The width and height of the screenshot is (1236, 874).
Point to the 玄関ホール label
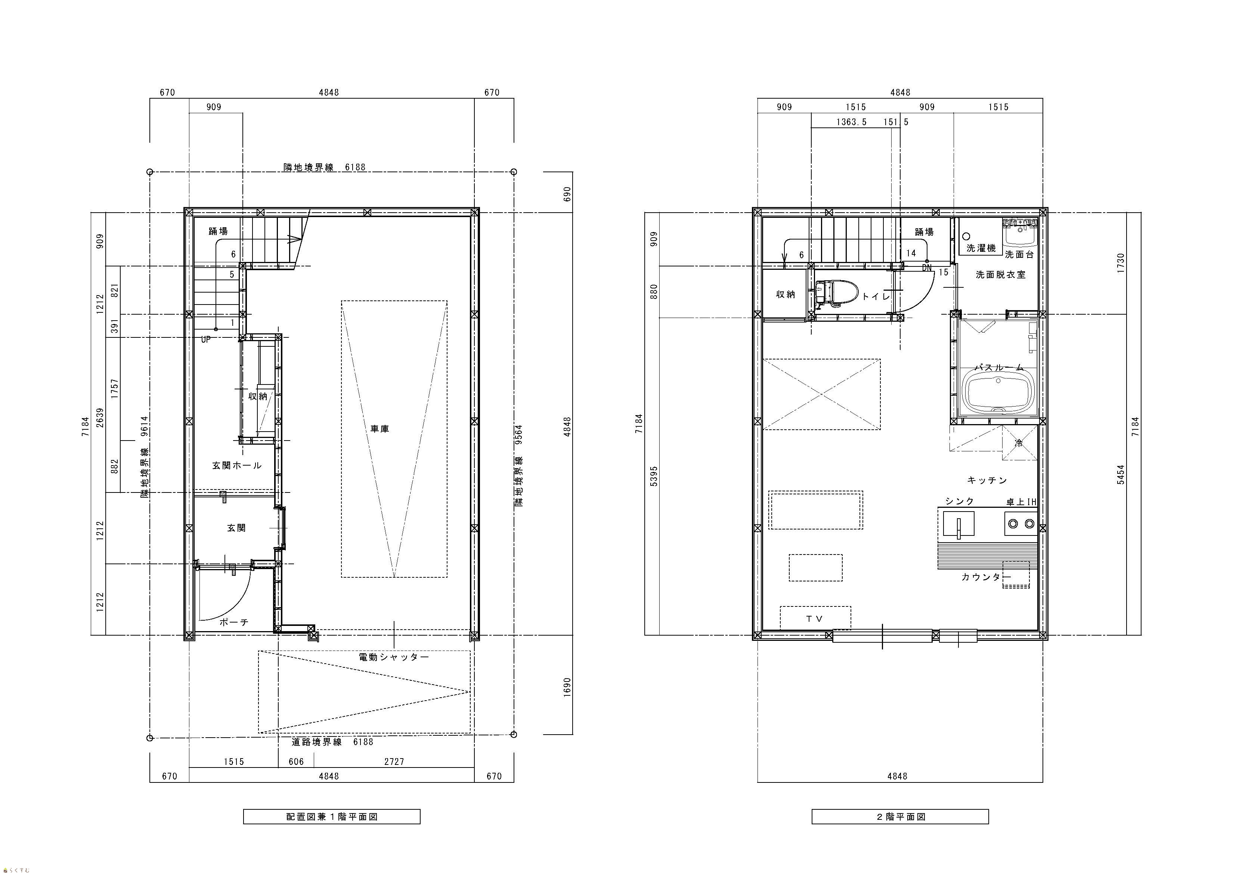236,465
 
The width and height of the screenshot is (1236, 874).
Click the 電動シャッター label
394,657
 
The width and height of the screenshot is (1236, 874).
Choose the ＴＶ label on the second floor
815,619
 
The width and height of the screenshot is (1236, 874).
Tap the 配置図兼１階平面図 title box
332,816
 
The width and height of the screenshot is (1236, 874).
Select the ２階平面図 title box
900,816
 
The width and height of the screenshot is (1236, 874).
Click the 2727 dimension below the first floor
394,762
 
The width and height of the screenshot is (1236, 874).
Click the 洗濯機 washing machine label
981,248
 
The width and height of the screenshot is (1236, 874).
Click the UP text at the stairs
206,339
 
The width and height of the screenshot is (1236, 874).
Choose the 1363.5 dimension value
851,122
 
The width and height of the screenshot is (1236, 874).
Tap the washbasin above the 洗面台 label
1020,233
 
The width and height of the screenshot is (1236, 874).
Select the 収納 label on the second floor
786,294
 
